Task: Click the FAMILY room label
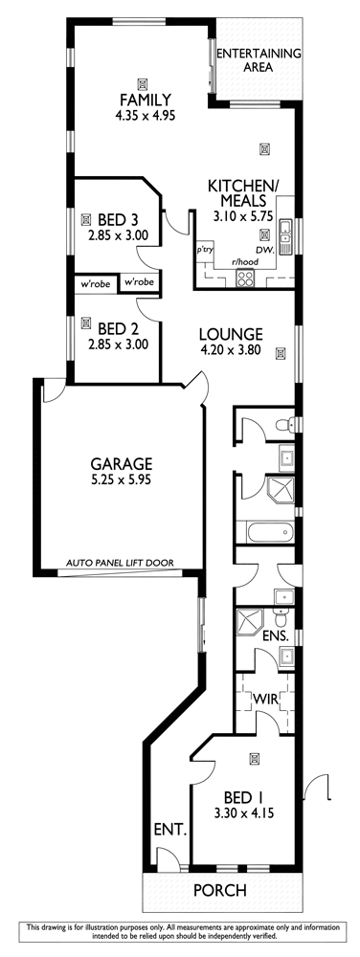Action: (x=146, y=100)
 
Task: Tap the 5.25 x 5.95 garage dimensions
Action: (x=121, y=479)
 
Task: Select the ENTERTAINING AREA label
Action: (x=259, y=59)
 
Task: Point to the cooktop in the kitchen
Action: (x=245, y=278)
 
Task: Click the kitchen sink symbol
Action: (x=285, y=236)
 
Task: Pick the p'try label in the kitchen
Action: (x=203, y=250)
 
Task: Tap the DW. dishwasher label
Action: (x=264, y=250)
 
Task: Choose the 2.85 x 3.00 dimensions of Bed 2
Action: (x=119, y=345)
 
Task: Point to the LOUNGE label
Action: (x=232, y=334)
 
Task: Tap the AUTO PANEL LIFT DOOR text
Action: (x=121, y=564)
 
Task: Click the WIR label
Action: (x=265, y=700)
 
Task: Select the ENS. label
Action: (x=275, y=636)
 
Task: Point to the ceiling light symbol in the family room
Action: (x=142, y=83)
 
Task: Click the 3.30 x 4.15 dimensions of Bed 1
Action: (x=243, y=812)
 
